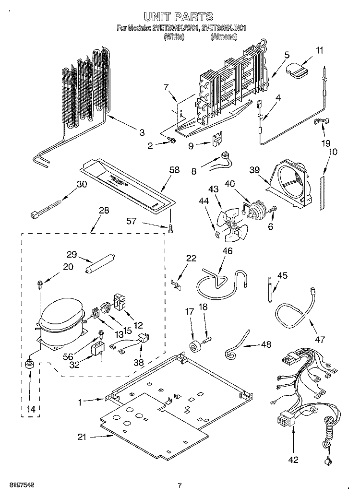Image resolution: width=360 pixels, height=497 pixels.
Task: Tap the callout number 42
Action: (294, 460)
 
